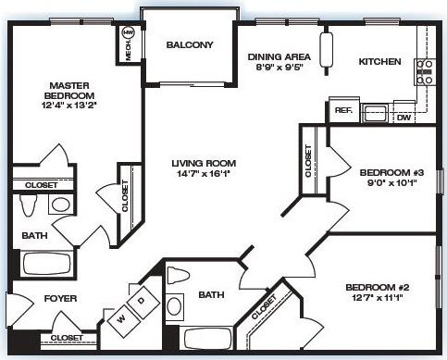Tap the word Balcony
[x=190, y=44]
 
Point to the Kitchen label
[x=379, y=62]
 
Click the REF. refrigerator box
[x=342, y=111]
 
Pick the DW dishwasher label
[x=404, y=118]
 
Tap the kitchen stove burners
[x=426, y=71]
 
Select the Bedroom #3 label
[x=379, y=171]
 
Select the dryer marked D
[x=141, y=302]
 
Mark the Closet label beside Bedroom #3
[x=308, y=159]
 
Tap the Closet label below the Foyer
[x=66, y=338]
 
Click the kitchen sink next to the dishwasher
[x=375, y=114]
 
